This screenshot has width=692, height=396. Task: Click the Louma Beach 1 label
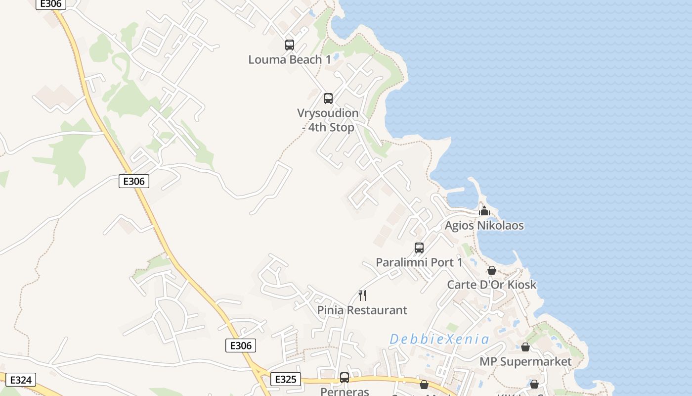[289, 60]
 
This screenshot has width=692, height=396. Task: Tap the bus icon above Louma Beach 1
[290, 45]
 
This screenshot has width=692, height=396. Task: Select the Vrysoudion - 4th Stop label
[328, 120]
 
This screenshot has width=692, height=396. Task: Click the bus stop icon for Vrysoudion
[328, 98]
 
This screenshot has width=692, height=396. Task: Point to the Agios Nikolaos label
[484, 226]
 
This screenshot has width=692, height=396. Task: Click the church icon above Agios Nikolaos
[484, 211]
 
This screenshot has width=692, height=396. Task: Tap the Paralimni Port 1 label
[419, 262]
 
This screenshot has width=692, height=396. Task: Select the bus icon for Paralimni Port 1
[419, 248]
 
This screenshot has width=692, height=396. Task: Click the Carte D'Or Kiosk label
[491, 285]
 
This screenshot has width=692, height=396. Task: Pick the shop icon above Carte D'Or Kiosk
[492, 270]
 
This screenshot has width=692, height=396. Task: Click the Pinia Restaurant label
[362, 310]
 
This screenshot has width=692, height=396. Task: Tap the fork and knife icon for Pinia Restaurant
[362, 296]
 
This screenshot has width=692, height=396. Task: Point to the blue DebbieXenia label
[439, 340]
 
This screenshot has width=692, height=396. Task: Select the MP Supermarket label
[525, 362]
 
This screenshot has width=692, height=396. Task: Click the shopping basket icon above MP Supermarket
[525, 347]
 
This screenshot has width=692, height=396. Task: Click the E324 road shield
[21, 380]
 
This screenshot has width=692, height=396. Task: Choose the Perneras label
[345, 392]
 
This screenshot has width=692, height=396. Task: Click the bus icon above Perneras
[345, 378]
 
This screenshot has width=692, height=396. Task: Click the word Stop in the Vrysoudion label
[342, 128]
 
